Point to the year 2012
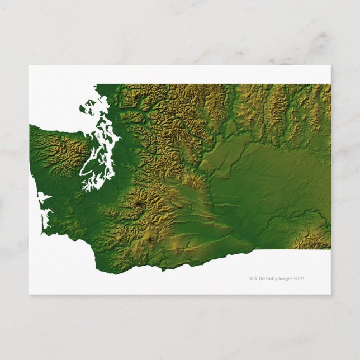click(x=301, y=277)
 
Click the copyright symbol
click(x=251, y=277)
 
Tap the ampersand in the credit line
click(x=256, y=277)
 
